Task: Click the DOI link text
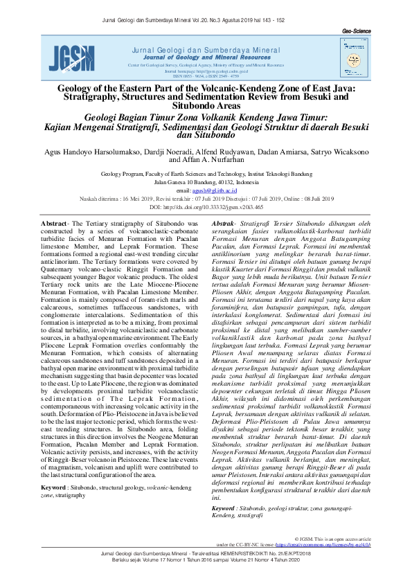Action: click(206, 207)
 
